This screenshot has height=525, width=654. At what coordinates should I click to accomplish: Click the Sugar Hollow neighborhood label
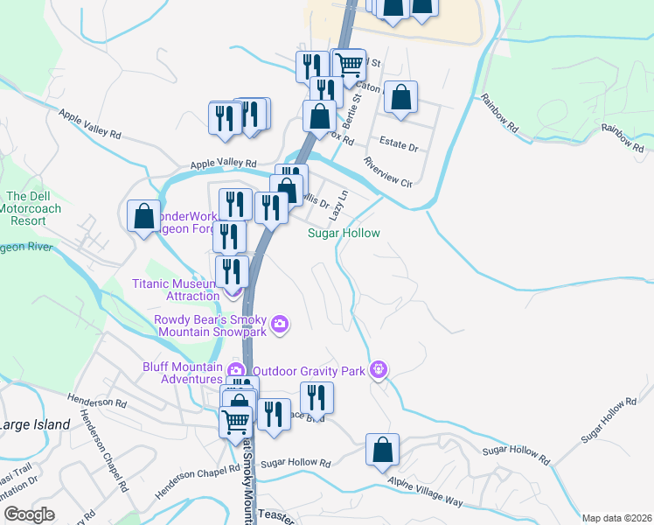click(344, 234)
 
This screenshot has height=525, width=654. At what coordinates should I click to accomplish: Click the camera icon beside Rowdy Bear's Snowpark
click(280, 325)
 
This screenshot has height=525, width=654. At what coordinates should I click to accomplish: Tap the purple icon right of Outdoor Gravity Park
click(378, 370)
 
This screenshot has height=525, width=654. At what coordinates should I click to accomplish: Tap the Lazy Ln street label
click(337, 206)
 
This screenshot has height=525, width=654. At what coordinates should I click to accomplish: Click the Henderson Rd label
click(95, 402)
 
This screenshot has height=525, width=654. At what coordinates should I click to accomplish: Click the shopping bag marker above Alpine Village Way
click(382, 450)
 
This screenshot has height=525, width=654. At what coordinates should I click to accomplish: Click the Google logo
click(29, 514)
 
